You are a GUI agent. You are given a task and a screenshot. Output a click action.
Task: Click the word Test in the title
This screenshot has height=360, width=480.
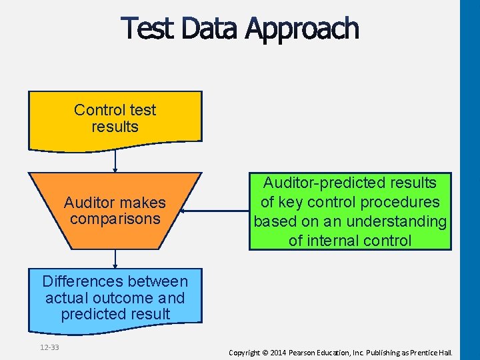pyautogui.click(x=147, y=29)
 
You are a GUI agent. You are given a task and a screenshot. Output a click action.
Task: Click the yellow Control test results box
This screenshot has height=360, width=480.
pyautogui.click(x=115, y=119)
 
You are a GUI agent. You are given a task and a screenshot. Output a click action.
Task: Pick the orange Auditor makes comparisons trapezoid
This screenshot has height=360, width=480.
pyautogui.click(x=115, y=210)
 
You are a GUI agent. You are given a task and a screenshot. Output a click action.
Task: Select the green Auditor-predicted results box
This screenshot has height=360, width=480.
pyautogui.click(x=350, y=211)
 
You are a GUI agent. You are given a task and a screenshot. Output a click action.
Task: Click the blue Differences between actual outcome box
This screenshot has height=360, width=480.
pyautogui.click(x=115, y=298)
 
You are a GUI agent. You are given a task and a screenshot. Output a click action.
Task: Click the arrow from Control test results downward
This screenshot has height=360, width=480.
pyautogui.click(x=115, y=161)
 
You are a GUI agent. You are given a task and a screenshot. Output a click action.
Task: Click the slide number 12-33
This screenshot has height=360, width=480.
pyautogui.click(x=49, y=347)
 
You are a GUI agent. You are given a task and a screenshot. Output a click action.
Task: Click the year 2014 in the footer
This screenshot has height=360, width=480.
pyautogui.click(x=277, y=352)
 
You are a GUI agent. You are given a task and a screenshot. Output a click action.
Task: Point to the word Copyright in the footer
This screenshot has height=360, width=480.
pyautogui.click(x=244, y=352)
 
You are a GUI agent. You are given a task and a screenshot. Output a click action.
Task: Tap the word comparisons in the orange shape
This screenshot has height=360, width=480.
pyautogui.click(x=115, y=219)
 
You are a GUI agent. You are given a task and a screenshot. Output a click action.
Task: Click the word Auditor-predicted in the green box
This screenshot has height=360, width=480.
pyautogui.click(x=350, y=183)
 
